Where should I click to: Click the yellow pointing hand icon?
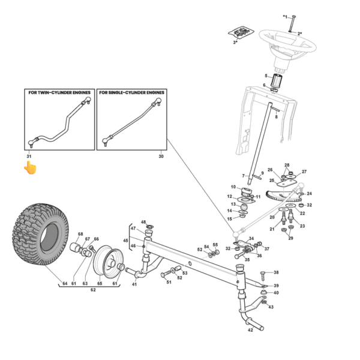point(29,168)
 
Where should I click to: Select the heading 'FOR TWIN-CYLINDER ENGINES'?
point(59,94)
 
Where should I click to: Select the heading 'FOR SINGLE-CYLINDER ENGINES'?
point(131,94)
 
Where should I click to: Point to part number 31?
point(28,156)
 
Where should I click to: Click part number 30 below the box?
point(161,156)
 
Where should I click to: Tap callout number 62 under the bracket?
point(93,289)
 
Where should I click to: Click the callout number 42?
point(250,329)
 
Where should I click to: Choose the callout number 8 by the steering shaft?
point(276,117)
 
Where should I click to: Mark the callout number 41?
point(134,284)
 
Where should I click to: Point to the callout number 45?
point(125,241)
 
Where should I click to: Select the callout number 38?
point(277,273)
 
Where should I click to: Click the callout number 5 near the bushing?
point(266,76)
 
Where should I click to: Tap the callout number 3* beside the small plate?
point(236,43)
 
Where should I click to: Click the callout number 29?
point(290,239)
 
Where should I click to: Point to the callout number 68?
point(80,235)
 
